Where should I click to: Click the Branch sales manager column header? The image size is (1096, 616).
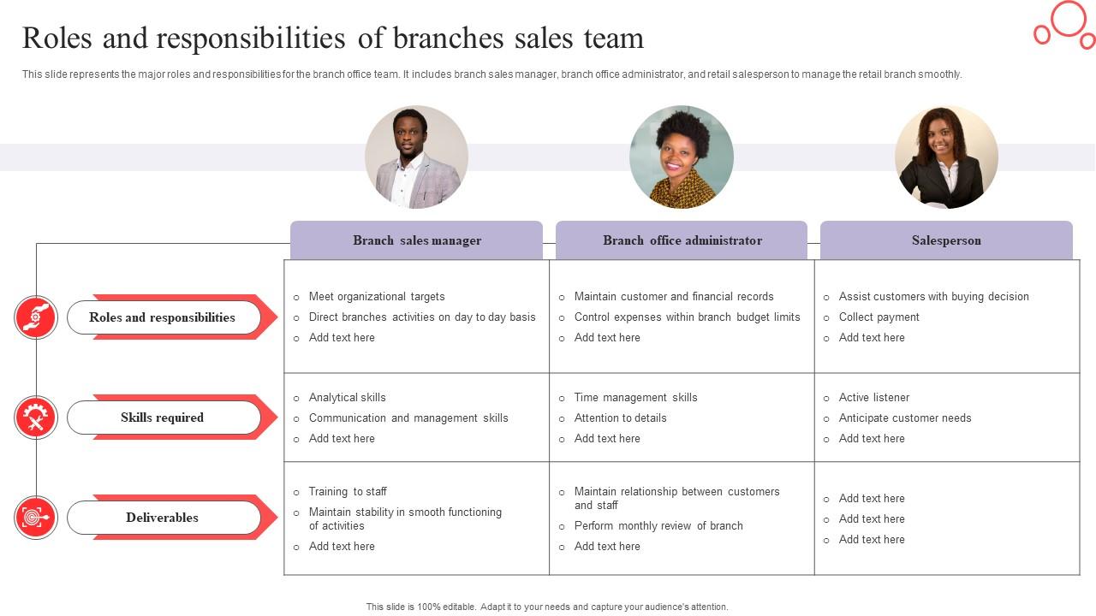416,240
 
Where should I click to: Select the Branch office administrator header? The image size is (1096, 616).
682,240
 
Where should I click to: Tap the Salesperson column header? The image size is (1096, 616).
946,240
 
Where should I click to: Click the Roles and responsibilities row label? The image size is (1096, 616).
163,317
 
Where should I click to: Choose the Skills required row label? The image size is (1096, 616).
163,418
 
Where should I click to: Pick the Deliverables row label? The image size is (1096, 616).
163,518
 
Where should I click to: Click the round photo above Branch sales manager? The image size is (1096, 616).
416,157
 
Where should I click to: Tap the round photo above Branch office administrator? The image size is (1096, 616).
682,157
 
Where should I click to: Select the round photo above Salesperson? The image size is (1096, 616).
946,157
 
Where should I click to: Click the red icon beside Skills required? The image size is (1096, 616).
36,418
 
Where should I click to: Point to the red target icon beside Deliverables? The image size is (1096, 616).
36,518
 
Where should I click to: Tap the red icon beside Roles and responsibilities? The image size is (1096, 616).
36,317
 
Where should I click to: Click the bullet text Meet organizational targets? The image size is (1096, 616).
377,297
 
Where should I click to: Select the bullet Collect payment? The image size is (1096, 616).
879,317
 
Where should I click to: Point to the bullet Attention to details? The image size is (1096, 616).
620,418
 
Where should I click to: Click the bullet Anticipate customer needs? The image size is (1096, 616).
905,418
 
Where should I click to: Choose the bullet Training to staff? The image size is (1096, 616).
348,492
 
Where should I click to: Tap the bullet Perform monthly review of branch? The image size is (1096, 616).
658,526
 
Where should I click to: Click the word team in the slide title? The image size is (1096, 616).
613,38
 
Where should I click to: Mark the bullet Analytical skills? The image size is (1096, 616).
347,398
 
